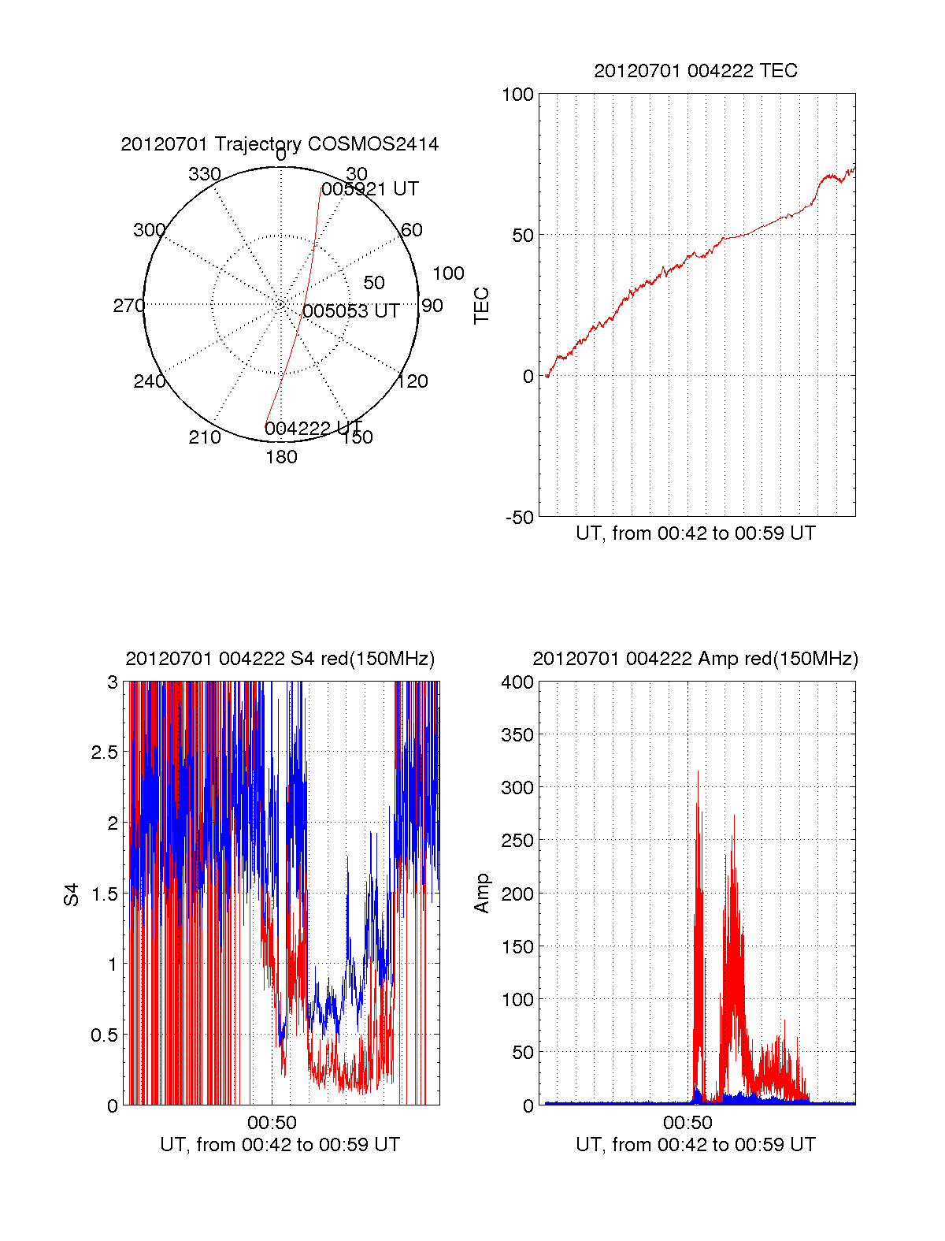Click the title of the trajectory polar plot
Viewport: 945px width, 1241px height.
point(280,144)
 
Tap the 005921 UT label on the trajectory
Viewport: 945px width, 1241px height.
point(370,189)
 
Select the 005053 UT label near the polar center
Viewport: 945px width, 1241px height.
point(350,311)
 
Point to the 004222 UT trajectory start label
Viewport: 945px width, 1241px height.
point(313,429)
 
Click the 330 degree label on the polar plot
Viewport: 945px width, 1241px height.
point(204,174)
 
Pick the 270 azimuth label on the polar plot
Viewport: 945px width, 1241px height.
point(128,306)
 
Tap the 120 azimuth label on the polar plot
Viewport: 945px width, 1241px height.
point(413,382)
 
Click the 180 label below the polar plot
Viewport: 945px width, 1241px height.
point(281,457)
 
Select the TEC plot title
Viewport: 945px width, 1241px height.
point(695,71)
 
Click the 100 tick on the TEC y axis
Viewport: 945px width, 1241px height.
point(517,95)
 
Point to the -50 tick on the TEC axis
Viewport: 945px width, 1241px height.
point(520,518)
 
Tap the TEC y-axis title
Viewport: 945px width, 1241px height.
point(481,306)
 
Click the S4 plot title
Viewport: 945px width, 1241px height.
point(280,659)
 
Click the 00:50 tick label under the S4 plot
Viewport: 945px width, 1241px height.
point(272,1122)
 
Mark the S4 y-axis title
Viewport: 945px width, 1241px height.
point(72,894)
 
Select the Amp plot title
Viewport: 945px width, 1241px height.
point(695,659)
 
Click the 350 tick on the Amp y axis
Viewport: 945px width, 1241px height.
point(517,734)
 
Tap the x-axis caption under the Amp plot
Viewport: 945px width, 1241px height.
point(695,1145)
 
